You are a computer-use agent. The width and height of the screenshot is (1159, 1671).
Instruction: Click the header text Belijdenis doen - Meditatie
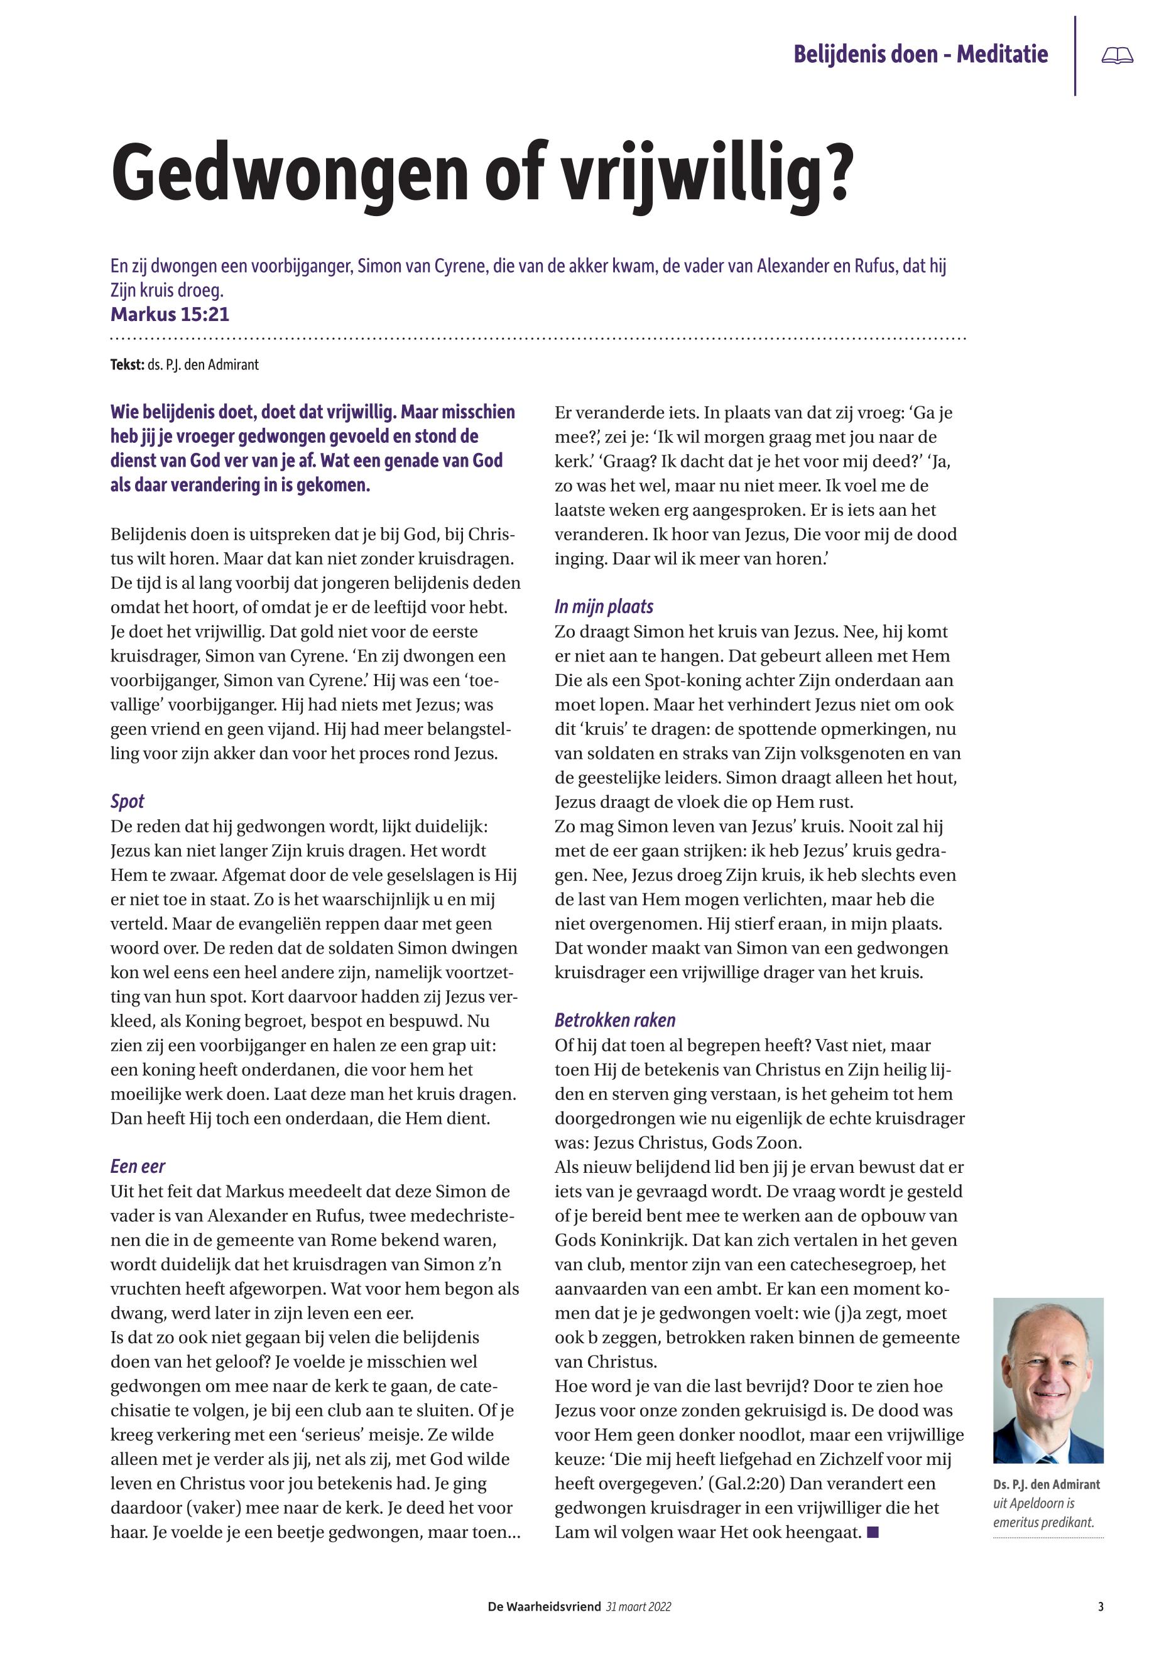pyautogui.click(x=920, y=55)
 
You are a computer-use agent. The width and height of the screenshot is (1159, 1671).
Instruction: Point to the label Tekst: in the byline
pyautogui.click(x=126, y=364)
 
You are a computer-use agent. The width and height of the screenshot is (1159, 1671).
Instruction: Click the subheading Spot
pyautogui.click(x=127, y=801)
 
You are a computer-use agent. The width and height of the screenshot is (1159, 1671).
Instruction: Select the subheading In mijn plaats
pyautogui.click(x=604, y=606)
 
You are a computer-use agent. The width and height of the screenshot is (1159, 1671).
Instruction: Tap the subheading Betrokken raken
pyautogui.click(x=614, y=1020)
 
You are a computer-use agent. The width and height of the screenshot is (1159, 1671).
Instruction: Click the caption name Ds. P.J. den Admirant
pyautogui.click(x=1047, y=1485)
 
